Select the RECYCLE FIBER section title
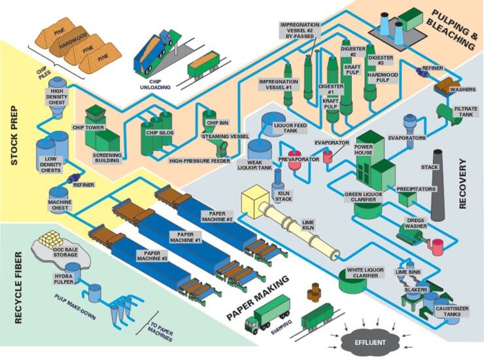[14, 287]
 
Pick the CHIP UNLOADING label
[158, 82]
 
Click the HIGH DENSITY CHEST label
[58, 96]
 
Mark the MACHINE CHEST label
[60, 206]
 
